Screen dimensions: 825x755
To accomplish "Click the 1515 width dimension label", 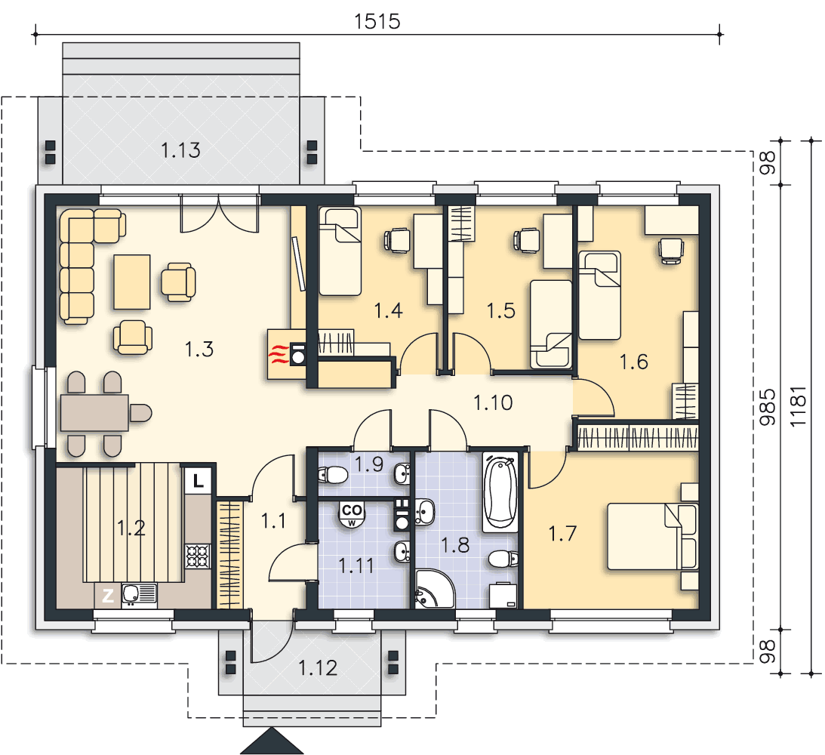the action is click(377, 22).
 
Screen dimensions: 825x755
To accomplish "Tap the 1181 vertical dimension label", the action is click(798, 406).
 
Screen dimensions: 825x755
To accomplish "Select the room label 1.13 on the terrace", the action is click(180, 150).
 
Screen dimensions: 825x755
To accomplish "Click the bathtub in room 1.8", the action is click(500, 492).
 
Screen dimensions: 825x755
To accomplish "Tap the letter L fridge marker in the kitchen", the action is click(198, 480).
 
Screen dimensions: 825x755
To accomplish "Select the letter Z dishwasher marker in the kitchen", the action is click(108, 596).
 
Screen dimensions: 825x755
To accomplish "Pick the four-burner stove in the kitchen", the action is click(197, 556).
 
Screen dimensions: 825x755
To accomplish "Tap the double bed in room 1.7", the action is click(652, 537).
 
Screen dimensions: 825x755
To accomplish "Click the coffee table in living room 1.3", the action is click(132, 282).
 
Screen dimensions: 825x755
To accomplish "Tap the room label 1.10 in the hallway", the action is click(492, 403).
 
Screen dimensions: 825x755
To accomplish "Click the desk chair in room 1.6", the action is click(671, 250).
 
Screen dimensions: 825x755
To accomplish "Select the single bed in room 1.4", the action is click(340, 251).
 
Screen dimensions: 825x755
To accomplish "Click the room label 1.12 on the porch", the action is click(318, 668).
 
